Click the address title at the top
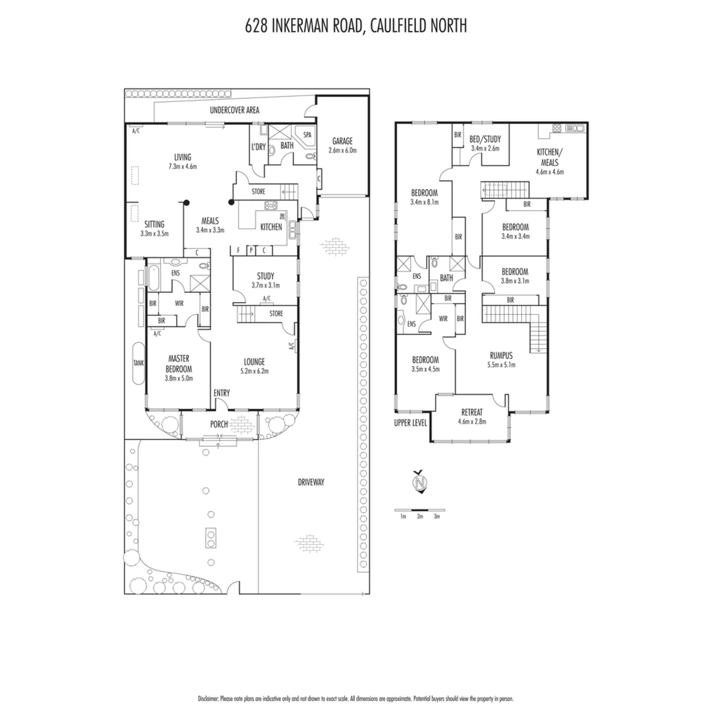pos(355,26)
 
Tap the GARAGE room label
pos(342,141)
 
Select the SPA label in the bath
pos(307,134)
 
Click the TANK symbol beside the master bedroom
pos(138,363)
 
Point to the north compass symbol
pos(418,483)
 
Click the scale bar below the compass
pos(419,510)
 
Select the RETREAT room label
pos(472,412)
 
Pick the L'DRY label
pos(258,147)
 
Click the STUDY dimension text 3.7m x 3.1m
pos(265,286)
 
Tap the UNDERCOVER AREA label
pos(234,111)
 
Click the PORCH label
pos(219,425)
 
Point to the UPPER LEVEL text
pos(411,423)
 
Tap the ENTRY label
pos(222,393)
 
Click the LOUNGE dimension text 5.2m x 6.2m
pos(254,371)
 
